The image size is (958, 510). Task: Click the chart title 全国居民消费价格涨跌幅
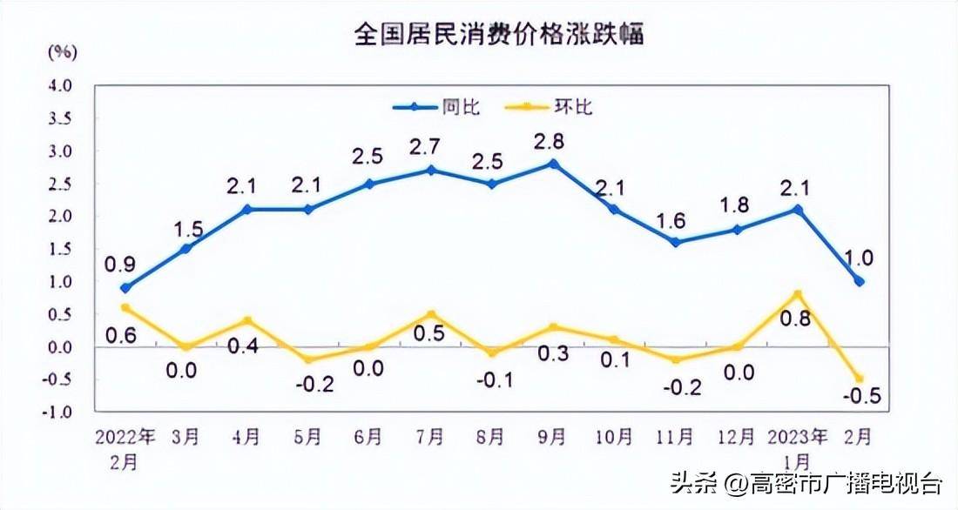pos(498,36)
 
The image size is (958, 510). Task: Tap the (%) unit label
pos(62,51)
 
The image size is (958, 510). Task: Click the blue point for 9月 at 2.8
pos(553,164)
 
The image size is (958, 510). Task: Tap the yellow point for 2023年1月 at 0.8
pos(798,294)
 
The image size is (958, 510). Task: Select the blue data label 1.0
pos(859,258)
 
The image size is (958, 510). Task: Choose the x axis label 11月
pos(676,435)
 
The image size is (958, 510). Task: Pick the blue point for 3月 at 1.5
pos(186,249)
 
